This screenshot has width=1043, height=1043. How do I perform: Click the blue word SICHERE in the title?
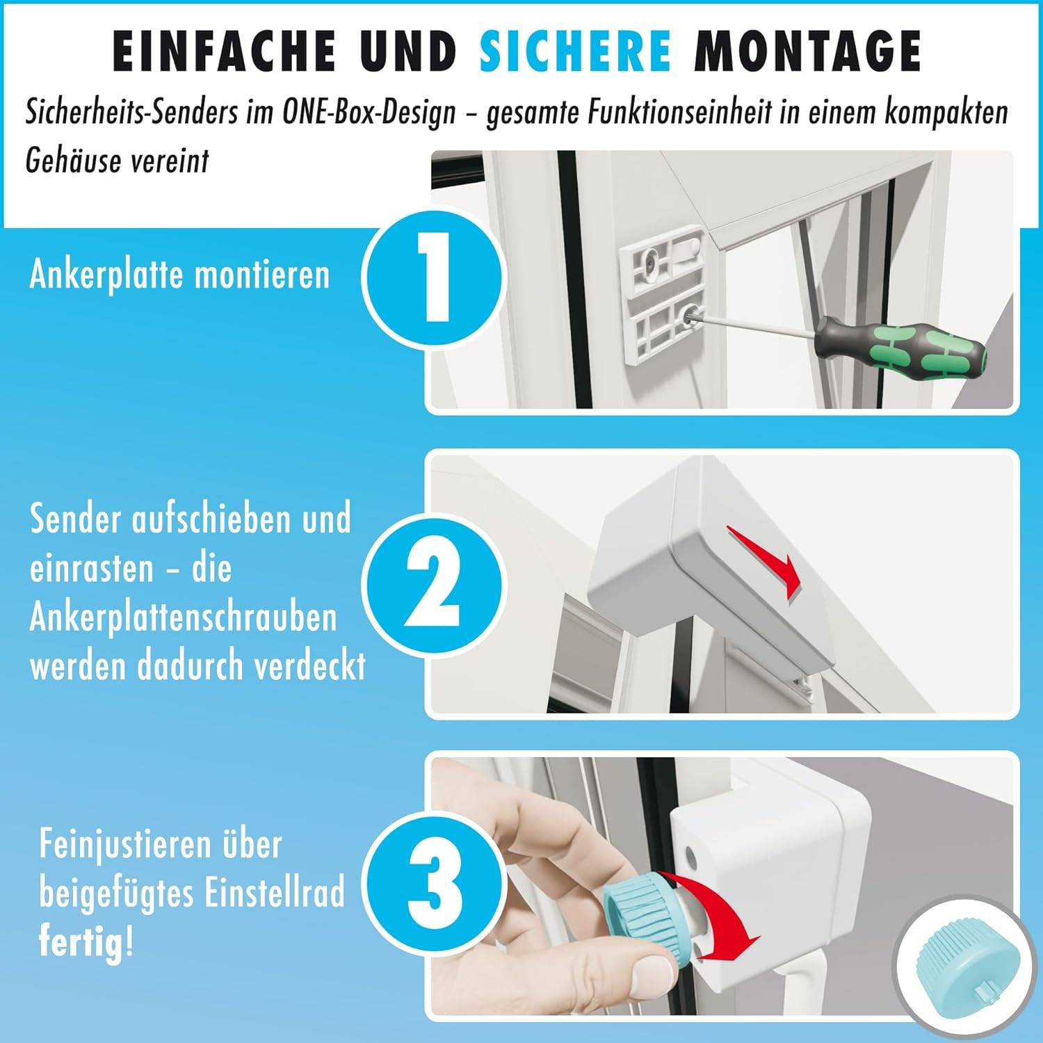[x=575, y=51]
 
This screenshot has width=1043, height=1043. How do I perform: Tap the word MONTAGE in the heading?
[x=807, y=51]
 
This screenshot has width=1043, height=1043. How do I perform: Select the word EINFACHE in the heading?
[x=224, y=51]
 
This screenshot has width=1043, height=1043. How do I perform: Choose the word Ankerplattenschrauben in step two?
[x=183, y=617]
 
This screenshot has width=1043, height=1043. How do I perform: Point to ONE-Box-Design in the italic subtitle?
[x=369, y=113]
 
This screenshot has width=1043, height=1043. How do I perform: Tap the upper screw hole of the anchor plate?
[x=648, y=260]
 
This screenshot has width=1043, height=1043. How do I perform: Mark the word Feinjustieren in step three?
[x=115, y=844]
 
